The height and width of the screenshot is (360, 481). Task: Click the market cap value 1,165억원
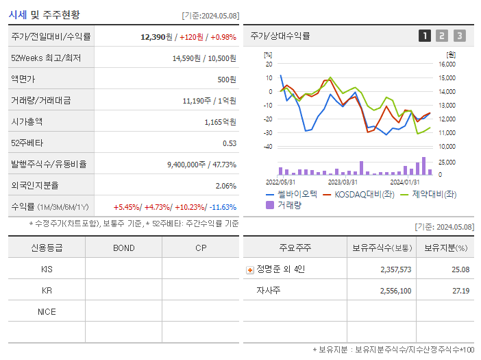coord(220,121)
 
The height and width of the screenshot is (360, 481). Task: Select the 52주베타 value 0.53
coord(229,143)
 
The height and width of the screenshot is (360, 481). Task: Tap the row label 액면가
coord(23,79)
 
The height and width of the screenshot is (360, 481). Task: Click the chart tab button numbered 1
coord(425,36)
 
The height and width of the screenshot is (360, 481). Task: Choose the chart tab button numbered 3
coord(459,36)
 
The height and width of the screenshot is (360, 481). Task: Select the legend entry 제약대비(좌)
coord(434,194)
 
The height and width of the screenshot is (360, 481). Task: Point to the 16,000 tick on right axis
coord(446,64)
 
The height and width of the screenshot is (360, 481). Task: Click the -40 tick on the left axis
coord(268,146)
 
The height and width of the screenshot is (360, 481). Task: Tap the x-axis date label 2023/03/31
coord(343,182)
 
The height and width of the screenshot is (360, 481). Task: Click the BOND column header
coord(123,248)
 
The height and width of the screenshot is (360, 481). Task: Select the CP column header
coord(201,248)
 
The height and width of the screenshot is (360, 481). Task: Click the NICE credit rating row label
coord(47,311)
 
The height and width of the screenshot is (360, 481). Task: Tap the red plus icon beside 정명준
coord(249,269)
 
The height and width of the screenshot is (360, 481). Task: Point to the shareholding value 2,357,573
coord(395,269)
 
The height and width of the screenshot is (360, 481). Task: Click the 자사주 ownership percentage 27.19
coord(460,291)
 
